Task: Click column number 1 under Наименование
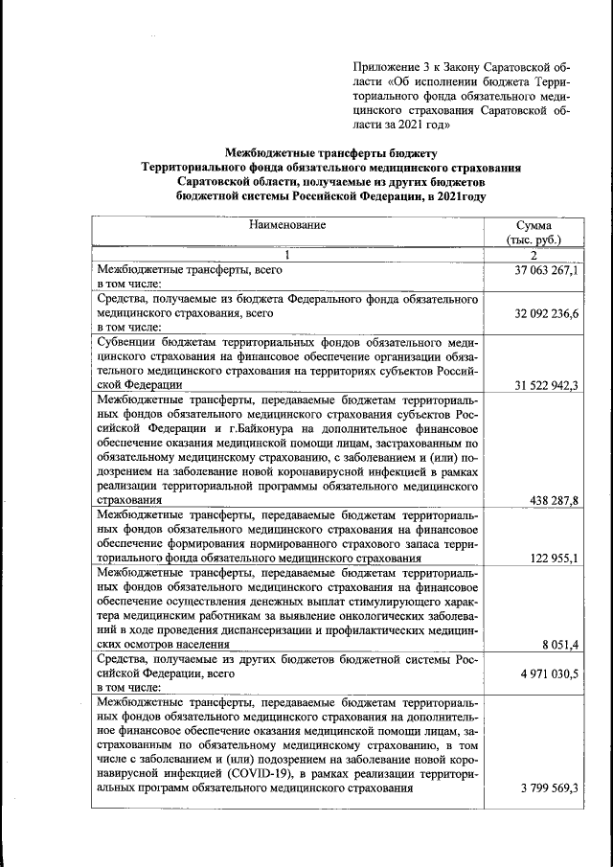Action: point(286,255)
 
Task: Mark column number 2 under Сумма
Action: point(534,255)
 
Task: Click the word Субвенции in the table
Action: point(129,341)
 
